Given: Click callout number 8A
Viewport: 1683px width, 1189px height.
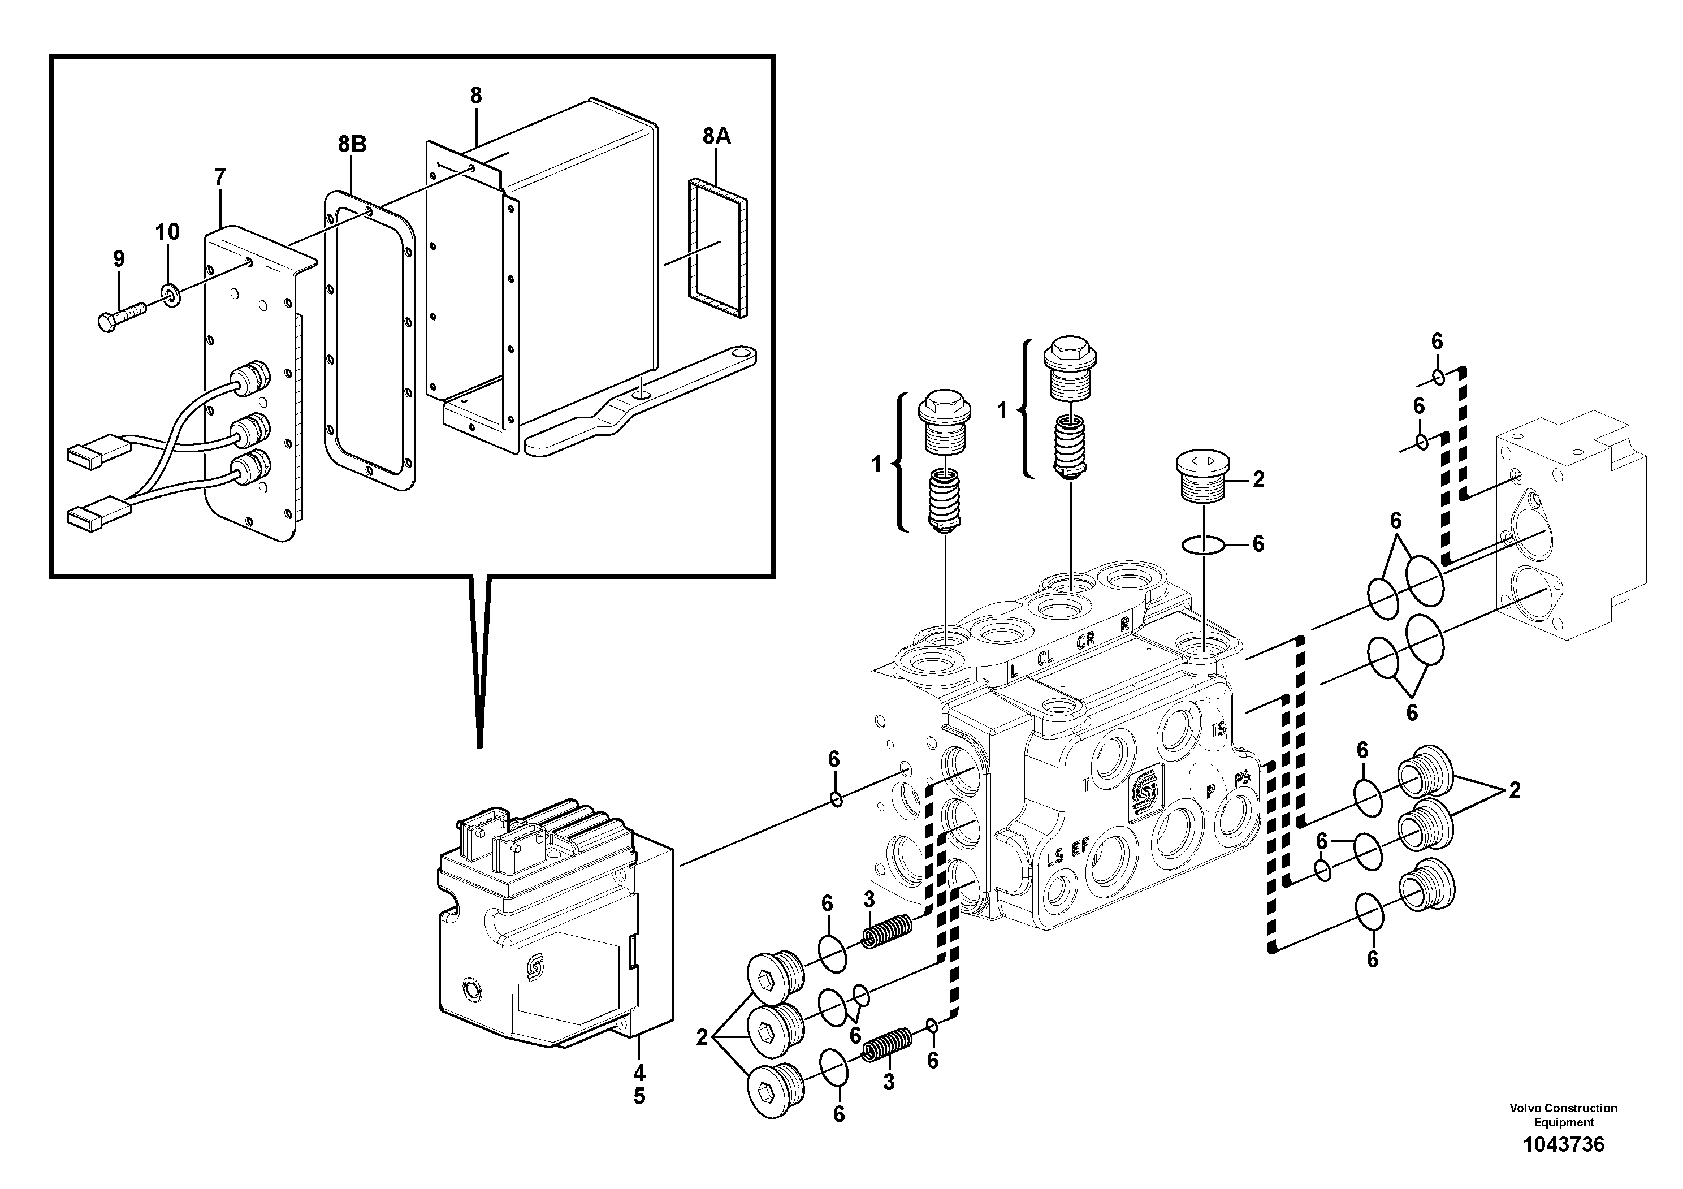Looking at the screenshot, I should (716, 136).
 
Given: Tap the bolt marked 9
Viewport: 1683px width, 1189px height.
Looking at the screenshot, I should (121, 317).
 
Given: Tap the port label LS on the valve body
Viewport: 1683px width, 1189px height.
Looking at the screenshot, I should (1055, 856).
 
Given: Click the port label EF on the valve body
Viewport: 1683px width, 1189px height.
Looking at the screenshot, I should (1080, 848).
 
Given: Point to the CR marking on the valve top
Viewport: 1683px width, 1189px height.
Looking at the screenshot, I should (1085, 640).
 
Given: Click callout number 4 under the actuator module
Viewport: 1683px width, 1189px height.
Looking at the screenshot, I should (639, 1073).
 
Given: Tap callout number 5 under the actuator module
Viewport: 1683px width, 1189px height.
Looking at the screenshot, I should (639, 1097).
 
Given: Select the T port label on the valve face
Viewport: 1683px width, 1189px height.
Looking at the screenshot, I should (1087, 786).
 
